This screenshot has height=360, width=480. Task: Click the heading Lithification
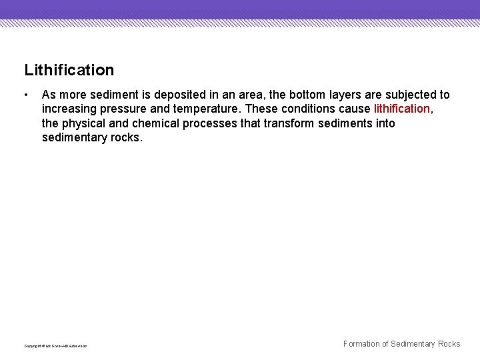tap(69, 70)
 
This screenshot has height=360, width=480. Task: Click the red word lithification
tap(402, 109)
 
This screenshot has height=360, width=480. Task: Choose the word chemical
tap(155, 123)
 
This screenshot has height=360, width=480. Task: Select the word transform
tap(289, 123)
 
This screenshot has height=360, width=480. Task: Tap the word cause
tap(354, 109)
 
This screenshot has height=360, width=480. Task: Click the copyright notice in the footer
tap(55, 345)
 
